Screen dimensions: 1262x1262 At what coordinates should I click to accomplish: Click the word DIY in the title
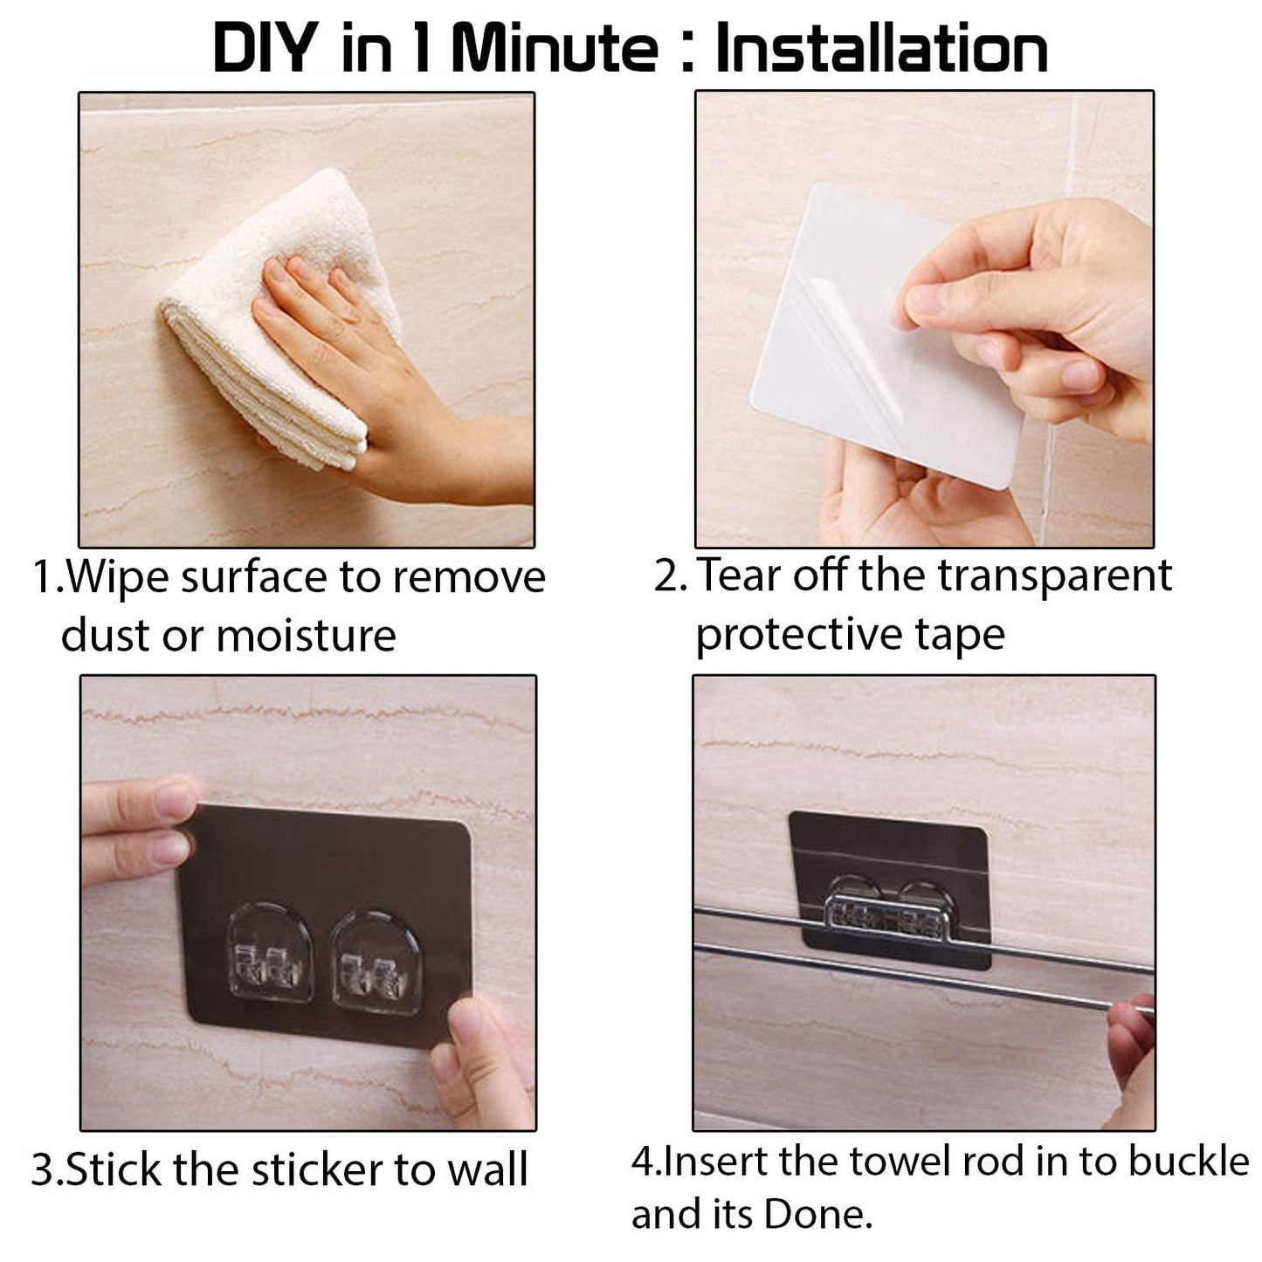point(266,48)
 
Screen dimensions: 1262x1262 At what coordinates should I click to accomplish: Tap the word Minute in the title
point(554,48)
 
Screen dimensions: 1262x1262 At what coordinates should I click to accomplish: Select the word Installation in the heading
point(881,48)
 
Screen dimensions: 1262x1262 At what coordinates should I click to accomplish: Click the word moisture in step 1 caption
point(306,635)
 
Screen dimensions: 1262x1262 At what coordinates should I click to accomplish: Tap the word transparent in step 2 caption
point(1055,576)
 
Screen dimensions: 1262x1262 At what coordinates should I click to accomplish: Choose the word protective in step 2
point(798,634)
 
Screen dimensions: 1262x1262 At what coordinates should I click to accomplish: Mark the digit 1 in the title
point(422,48)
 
